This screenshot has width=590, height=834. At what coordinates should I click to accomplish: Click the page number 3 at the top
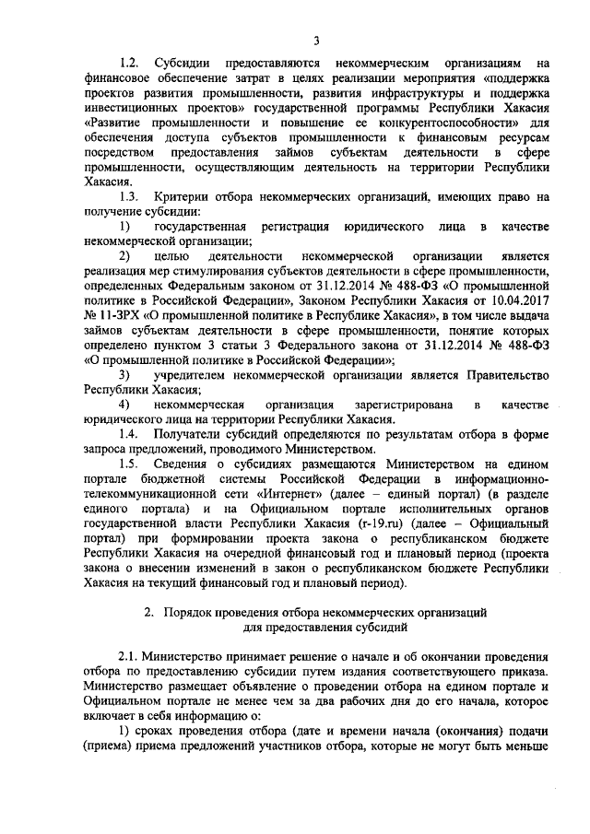coord(315,40)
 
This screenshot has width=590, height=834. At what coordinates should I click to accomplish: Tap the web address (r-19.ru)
coord(373,522)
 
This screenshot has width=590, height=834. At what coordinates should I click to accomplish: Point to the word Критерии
coord(181,197)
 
